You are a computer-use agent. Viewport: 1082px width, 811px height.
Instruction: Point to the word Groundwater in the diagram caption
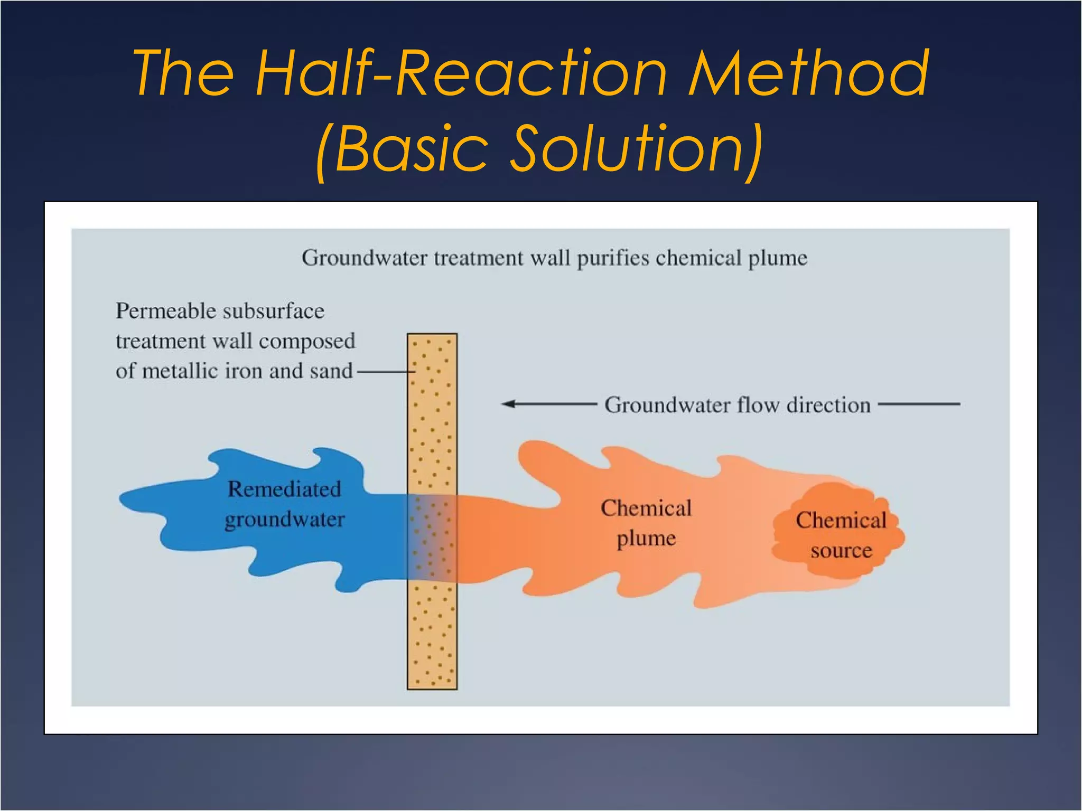coord(364,258)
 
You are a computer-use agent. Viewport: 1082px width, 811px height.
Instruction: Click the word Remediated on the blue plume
coord(284,489)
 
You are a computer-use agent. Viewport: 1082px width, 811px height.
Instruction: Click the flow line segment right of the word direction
coord(919,404)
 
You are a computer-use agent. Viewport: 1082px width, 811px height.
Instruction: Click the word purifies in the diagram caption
coord(613,258)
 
